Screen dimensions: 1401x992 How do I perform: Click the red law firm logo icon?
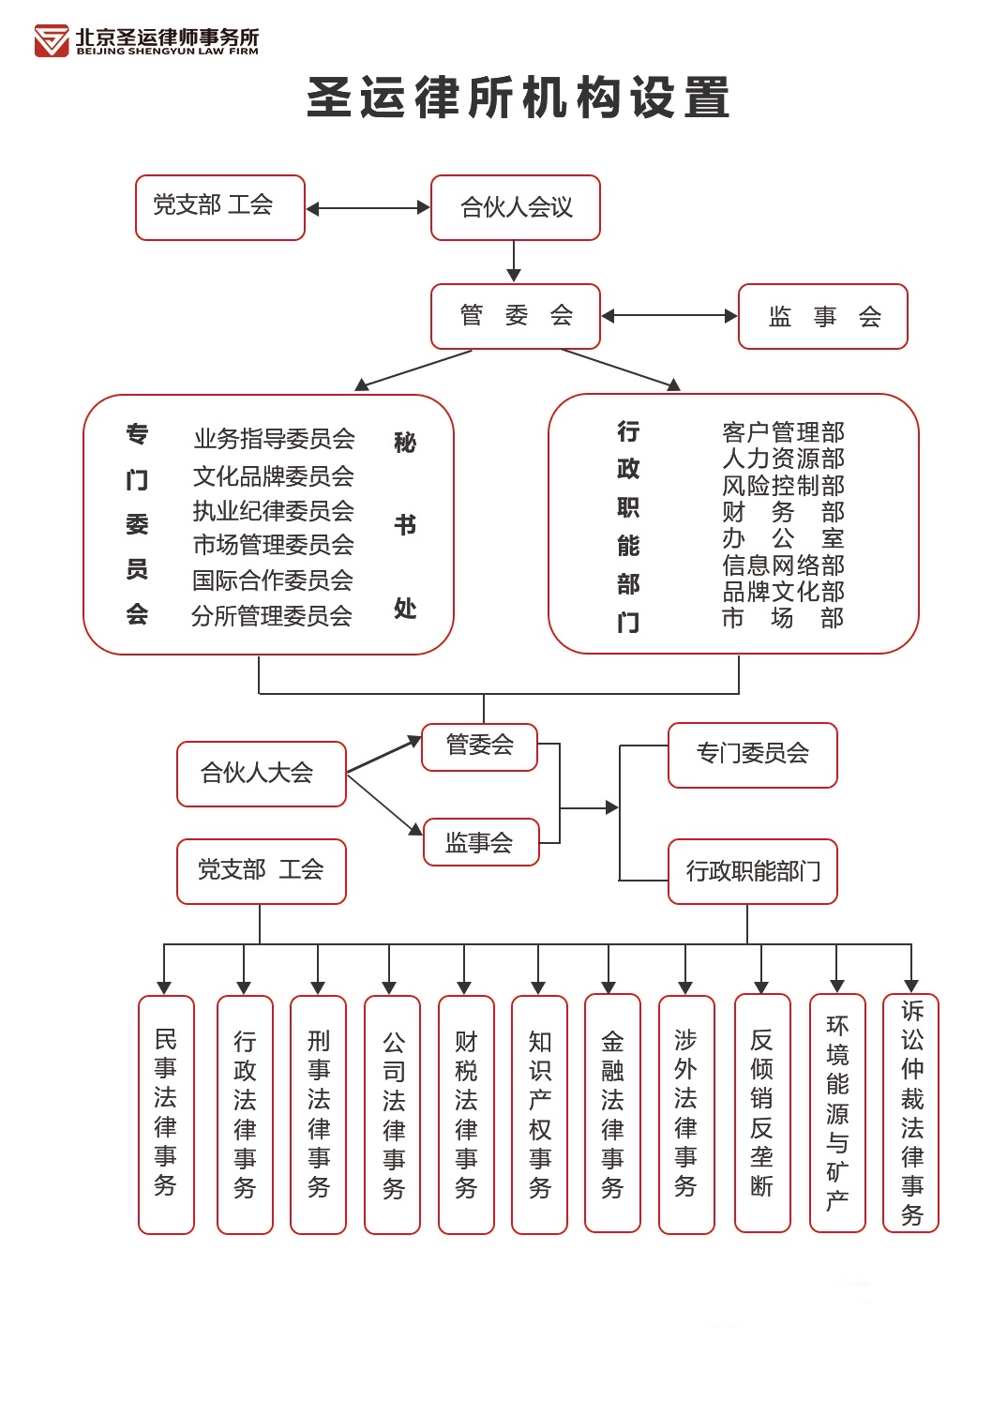[x=52, y=41]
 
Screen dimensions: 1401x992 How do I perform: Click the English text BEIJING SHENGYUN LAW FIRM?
[x=167, y=52]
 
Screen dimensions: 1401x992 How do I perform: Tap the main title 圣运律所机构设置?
[x=519, y=98]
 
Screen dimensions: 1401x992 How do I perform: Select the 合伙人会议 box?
[x=516, y=207]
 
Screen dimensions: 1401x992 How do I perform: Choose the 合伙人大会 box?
[x=261, y=774]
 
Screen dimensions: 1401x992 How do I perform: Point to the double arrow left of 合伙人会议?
[x=368, y=208]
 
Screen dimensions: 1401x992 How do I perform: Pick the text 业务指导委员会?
[x=274, y=439]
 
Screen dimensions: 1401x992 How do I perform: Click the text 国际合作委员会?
[x=273, y=580]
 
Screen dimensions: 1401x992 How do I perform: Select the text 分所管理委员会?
[x=272, y=616]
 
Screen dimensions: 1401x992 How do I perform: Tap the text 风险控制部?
[x=783, y=486]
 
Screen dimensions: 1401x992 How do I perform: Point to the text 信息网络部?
[x=783, y=565]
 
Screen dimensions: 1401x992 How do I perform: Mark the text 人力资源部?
[x=783, y=459]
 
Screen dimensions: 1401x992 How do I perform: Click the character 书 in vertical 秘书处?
[x=405, y=525]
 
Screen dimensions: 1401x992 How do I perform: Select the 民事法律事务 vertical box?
[x=166, y=1114]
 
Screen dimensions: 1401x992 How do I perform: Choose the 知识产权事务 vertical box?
[x=539, y=1114]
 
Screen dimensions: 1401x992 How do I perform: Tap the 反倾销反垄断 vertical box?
[x=762, y=1113]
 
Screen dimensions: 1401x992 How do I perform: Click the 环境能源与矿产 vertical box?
[x=837, y=1113]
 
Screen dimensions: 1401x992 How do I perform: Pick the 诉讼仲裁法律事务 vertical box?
[x=911, y=1113]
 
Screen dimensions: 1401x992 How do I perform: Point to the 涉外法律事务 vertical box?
[x=686, y=1114]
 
